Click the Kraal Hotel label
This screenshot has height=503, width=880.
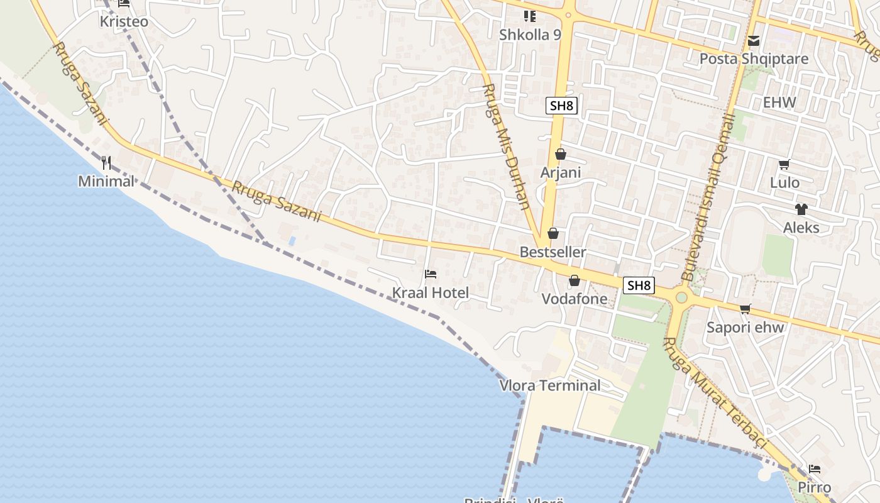431,293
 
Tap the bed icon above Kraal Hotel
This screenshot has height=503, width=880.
431,274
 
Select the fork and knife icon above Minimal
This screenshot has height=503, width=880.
106,163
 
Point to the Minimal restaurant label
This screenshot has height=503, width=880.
106,182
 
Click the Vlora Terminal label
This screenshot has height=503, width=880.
550,385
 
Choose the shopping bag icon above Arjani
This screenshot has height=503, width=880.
561,154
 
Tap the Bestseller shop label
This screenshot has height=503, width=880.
553,252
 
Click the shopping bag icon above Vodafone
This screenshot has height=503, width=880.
575,280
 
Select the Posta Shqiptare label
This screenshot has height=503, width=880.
754,59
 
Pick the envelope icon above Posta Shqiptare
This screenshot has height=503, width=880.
754,41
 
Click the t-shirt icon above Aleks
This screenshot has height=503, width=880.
801,209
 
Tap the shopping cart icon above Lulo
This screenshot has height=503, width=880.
784,165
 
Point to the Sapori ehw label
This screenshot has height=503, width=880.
745,327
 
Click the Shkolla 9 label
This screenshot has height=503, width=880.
530,35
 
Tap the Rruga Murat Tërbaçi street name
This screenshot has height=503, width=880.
715,393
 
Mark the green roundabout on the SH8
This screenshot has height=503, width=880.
681,297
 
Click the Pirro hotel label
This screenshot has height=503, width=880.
815,487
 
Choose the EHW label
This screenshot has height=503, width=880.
779,102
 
